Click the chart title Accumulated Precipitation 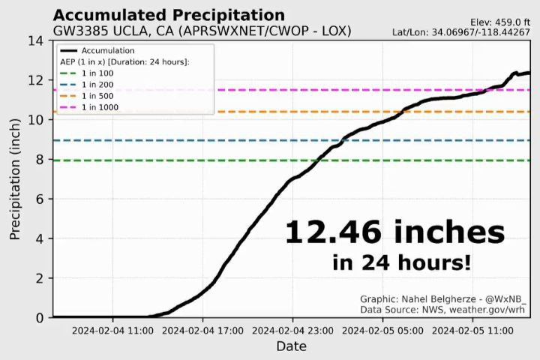tap(169, 15)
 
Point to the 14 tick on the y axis tap(37, 40)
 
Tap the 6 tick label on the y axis tap(40, 199)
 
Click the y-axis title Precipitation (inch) tap(15, 180)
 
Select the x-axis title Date tap(291, 346)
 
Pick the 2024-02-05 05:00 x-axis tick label tap(382, 329)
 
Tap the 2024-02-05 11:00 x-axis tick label tap(471, 329)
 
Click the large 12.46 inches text tap(394, 232)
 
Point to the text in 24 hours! tap(402, 262)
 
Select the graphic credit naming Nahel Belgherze tap(443, 298)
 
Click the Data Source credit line tap(443, 309)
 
